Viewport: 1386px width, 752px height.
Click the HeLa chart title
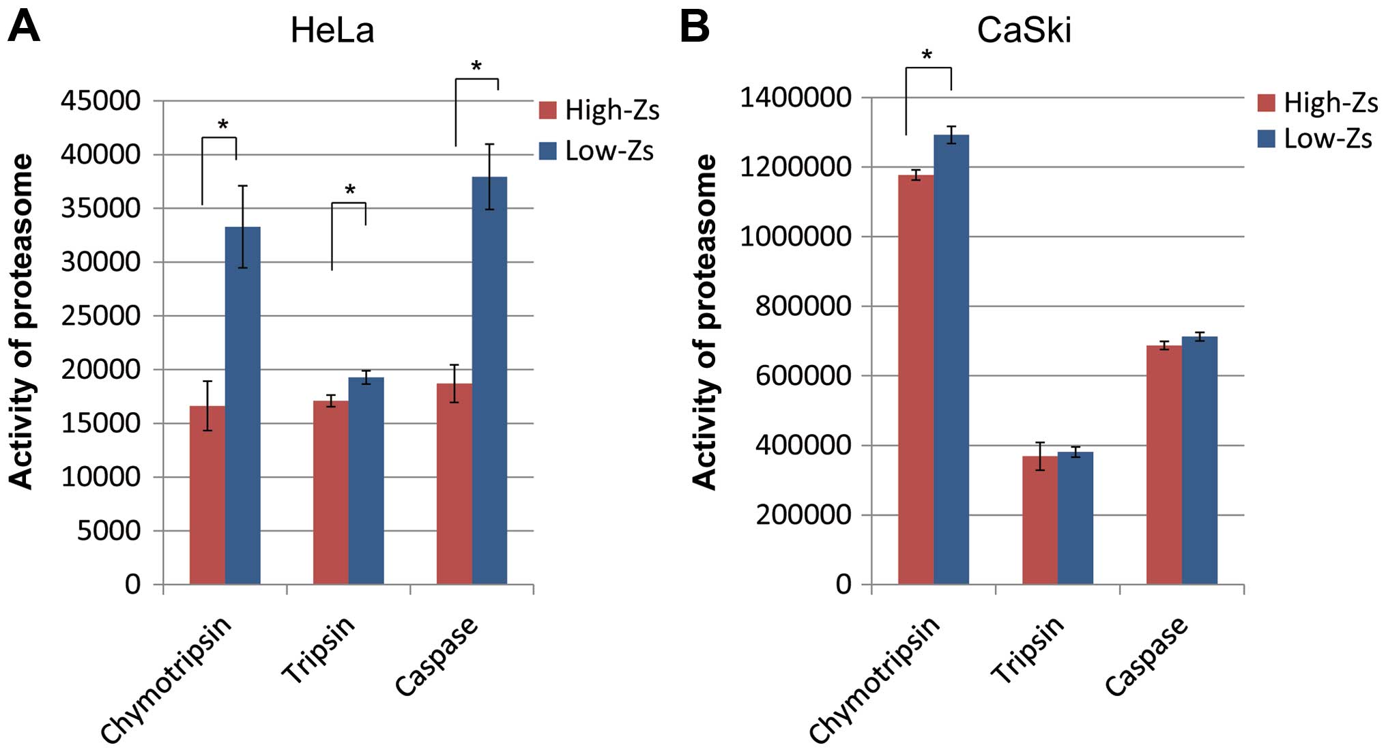[x=332, y=31]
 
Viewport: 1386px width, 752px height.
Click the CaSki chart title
[x=1024, y=31]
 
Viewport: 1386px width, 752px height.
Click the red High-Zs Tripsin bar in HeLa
[x=330, y=492]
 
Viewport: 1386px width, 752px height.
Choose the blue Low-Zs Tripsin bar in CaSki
[x=1075, y=518]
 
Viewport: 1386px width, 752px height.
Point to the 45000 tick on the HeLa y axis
[x=100, y=101]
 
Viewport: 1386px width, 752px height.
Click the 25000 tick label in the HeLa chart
[x=100, y=316]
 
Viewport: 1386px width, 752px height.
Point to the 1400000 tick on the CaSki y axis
[x=796, y=98]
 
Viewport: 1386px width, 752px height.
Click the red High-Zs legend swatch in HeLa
[x=547, y=110]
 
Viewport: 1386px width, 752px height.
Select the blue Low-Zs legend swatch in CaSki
[x=1266, y=139]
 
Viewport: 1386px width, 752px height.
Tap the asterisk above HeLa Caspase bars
[x=476, y=66]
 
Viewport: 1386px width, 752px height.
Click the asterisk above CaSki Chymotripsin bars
[x=927, y=55]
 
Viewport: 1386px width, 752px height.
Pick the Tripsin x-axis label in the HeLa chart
[x=319, y=648]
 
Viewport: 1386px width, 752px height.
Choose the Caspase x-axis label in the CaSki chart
[x=1146, y=655]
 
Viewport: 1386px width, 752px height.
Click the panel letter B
[x=695, y=27]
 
